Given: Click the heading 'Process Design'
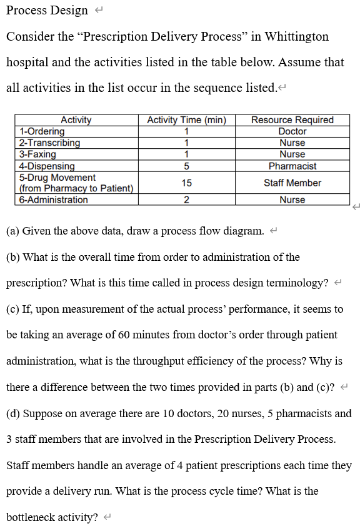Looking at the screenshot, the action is pos(47,11).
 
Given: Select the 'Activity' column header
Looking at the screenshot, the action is pos(76,120).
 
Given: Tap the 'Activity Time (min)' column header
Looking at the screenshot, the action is pos(186,120).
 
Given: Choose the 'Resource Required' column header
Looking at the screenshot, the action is pos(292,120).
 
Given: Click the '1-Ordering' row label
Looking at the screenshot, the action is pos(42,131).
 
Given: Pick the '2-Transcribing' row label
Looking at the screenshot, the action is pos(49,143).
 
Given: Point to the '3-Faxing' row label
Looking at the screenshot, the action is pos(37,154).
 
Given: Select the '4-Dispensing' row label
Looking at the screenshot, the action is pos(47,166).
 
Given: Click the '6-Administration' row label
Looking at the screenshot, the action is pos(53,200).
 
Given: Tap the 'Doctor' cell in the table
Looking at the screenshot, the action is pos(292,131).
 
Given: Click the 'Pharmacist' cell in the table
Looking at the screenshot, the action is pos(292,166).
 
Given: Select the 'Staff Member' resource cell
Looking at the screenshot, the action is pos(292,183).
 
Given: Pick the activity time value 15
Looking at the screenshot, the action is pos(186,183).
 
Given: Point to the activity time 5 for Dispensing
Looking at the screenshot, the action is pos(186,166).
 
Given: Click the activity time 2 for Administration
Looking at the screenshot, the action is pos(186,200).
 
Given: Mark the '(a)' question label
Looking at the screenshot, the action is pos(12,231).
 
